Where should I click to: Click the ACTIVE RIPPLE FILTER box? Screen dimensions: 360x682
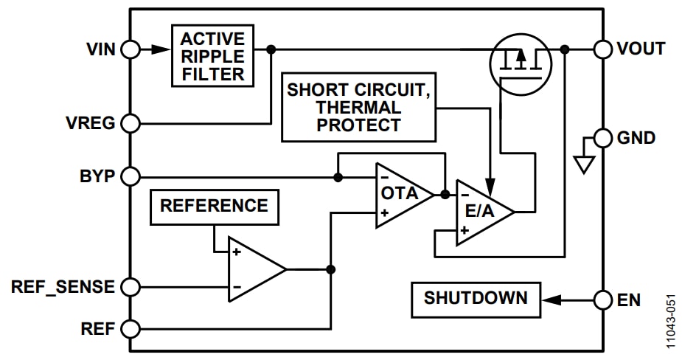212,55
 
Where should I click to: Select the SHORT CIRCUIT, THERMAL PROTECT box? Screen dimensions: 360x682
358,107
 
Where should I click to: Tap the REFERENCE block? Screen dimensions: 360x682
214,207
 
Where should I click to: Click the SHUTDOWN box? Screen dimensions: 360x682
476,300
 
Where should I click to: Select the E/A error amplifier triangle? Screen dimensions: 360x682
481,212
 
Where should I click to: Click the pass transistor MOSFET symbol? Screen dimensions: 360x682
521,63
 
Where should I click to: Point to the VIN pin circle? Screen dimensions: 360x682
131,49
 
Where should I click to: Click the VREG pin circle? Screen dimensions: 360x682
131,123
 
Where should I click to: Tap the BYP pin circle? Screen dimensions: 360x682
131,177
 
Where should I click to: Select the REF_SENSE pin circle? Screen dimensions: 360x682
131,286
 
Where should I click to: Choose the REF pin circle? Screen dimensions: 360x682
131,328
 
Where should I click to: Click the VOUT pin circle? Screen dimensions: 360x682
603,49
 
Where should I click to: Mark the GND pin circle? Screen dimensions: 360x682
603,138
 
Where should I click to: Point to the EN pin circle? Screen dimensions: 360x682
603,300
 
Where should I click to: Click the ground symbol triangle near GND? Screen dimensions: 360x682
584,164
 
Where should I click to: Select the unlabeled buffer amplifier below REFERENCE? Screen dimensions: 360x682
254,269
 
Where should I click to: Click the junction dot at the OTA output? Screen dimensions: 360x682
445,195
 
